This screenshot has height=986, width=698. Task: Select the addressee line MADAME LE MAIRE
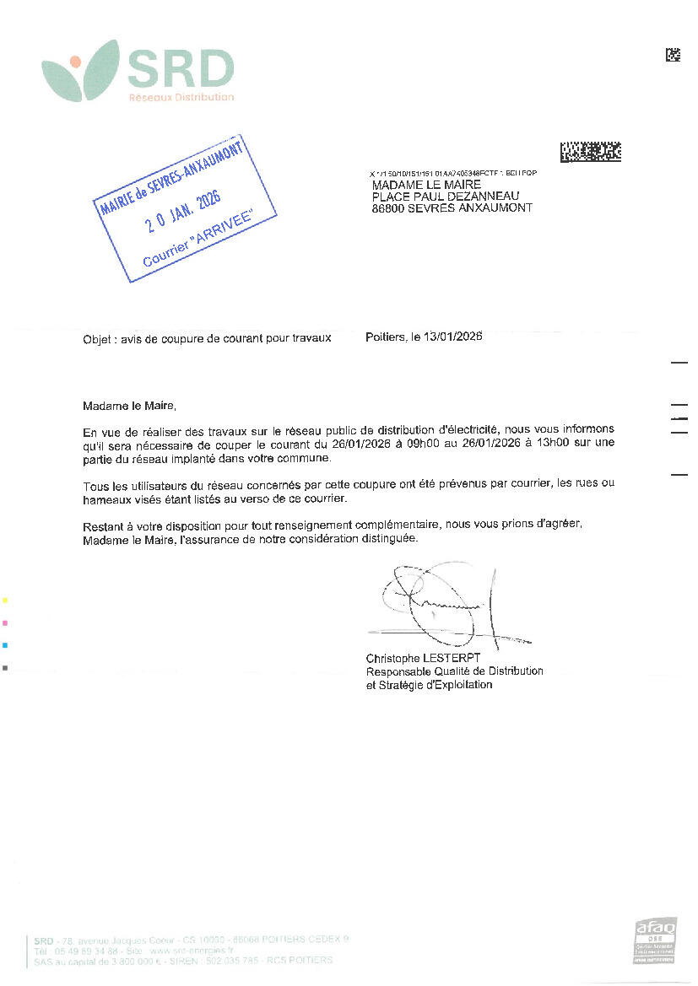pyautogui.click(x=426, y=185)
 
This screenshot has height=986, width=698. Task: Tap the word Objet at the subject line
pyautogui.click(x=98, y=338)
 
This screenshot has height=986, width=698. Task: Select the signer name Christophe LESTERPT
pyautogui.click(x=423, y=658)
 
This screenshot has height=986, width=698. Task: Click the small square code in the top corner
pyautogui.click(x=673, y=56)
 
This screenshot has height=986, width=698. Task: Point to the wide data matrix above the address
pyautogui.click(x=590, y=153)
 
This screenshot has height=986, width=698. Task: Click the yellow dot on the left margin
pyautogui.click(x=5, y=601)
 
